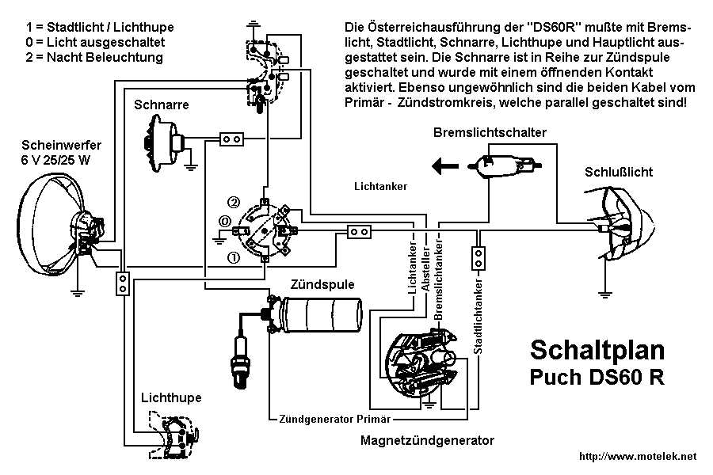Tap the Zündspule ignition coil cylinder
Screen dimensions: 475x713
(321, 321)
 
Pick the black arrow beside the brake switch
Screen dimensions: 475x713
(444, 166)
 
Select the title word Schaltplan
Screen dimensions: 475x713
(597, 349)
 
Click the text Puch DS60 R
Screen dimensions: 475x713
(597, 378)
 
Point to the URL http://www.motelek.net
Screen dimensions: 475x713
(638, 456)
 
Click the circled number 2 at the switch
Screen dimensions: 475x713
(234, 201)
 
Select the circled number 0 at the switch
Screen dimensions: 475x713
(225, 221)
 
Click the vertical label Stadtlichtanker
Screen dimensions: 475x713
(478, 316)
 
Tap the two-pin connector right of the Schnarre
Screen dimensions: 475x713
(231, 139)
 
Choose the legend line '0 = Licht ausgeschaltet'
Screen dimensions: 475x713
(95, 42)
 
